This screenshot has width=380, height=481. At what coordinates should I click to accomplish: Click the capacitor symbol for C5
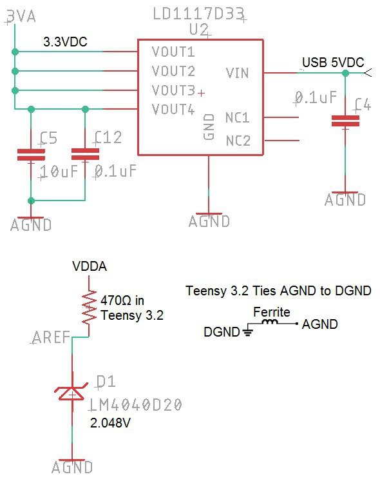31,155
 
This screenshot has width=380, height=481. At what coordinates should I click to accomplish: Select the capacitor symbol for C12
85,154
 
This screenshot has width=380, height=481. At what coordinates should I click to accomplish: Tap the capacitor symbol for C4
345,121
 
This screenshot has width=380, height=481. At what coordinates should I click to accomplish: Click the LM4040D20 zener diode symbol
71,393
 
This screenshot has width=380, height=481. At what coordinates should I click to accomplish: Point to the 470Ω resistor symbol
89,307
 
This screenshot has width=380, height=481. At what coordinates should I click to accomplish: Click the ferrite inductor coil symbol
270,322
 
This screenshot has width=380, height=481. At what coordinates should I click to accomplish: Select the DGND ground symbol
248,331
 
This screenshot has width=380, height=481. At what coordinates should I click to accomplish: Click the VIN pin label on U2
237,73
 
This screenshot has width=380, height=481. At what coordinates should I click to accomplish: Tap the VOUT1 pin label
173,52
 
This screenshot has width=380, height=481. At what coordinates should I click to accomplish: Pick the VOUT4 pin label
173,109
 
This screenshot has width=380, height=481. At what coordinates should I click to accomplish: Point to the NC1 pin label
237,118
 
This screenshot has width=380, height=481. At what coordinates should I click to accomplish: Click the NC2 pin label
238,141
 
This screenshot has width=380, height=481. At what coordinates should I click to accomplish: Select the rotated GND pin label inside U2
209,126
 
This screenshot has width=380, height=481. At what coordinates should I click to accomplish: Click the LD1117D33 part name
198,14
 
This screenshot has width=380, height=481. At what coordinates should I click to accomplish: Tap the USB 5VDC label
333,63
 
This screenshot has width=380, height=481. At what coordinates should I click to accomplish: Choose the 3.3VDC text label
65,42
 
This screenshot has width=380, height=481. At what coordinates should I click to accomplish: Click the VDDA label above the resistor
90,266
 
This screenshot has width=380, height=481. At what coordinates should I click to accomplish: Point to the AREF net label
51,337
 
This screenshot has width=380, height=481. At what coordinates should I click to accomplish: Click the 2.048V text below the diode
110,423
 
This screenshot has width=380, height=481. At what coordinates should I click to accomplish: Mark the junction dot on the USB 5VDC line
345,73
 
